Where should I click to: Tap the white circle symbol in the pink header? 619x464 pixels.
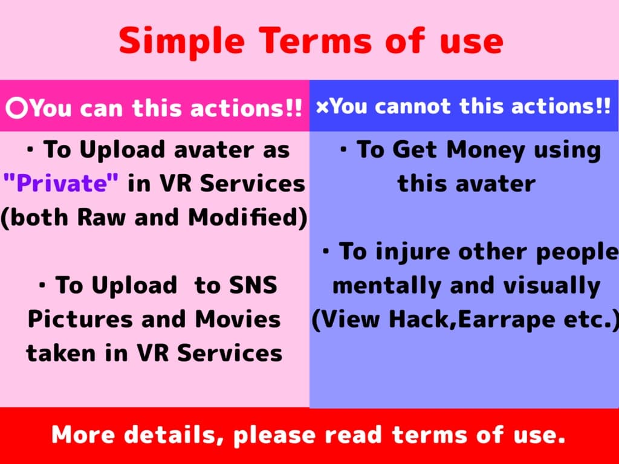point(17,108)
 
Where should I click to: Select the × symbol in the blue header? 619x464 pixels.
point(322,107)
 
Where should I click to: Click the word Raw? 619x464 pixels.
point(101,217)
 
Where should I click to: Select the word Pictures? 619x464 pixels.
point(80,319)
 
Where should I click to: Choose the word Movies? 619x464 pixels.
point(238,319)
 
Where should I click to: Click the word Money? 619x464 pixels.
point(486,150)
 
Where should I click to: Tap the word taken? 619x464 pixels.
point(61,353)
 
